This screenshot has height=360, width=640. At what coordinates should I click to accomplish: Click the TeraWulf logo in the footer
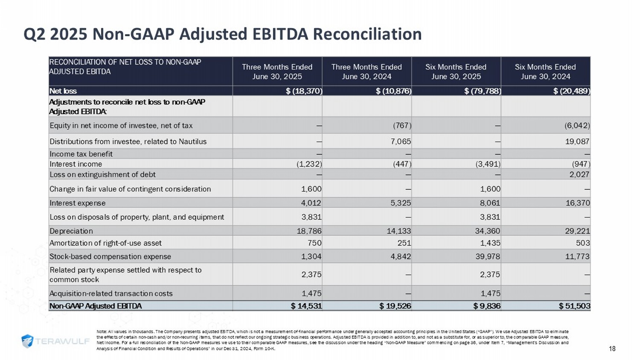pyautogui.click(x=55, y=341)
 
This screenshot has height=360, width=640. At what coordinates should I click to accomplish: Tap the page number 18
pyautogui.click(x=612, y=348)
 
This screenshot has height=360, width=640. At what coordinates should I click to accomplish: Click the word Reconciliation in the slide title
pyautogui.click(x=367, y=34)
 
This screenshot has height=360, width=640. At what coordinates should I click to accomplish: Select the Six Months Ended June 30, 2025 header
pyautogui.click(x=456, y=72)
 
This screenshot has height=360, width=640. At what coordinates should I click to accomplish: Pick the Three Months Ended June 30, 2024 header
pyautogui.click(x=367, y=72)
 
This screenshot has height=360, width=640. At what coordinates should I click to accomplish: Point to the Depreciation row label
pyautogui.click(x=71, y=231)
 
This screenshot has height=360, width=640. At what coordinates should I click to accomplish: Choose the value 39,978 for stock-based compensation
pyautogui.click(x=488, y=256)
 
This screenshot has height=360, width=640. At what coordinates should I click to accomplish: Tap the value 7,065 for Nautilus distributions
pyautogui.click(x=401, y=141)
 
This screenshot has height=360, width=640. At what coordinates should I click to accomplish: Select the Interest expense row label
pyautogui.click(x=77, y=203)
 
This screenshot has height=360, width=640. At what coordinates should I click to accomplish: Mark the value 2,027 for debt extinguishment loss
pyautogui.click(x=579, y=174)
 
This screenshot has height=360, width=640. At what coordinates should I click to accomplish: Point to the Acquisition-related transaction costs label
pyautogui.click(x=111, y=293)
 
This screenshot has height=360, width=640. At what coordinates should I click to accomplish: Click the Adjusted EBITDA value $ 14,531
pyautogui.click(x=306, y=306)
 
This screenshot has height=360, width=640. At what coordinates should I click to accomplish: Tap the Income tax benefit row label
pyautogui.click(x=81, y=154)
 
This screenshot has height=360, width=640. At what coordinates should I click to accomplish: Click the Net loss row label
pyautogui.click(x=63, y=91)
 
